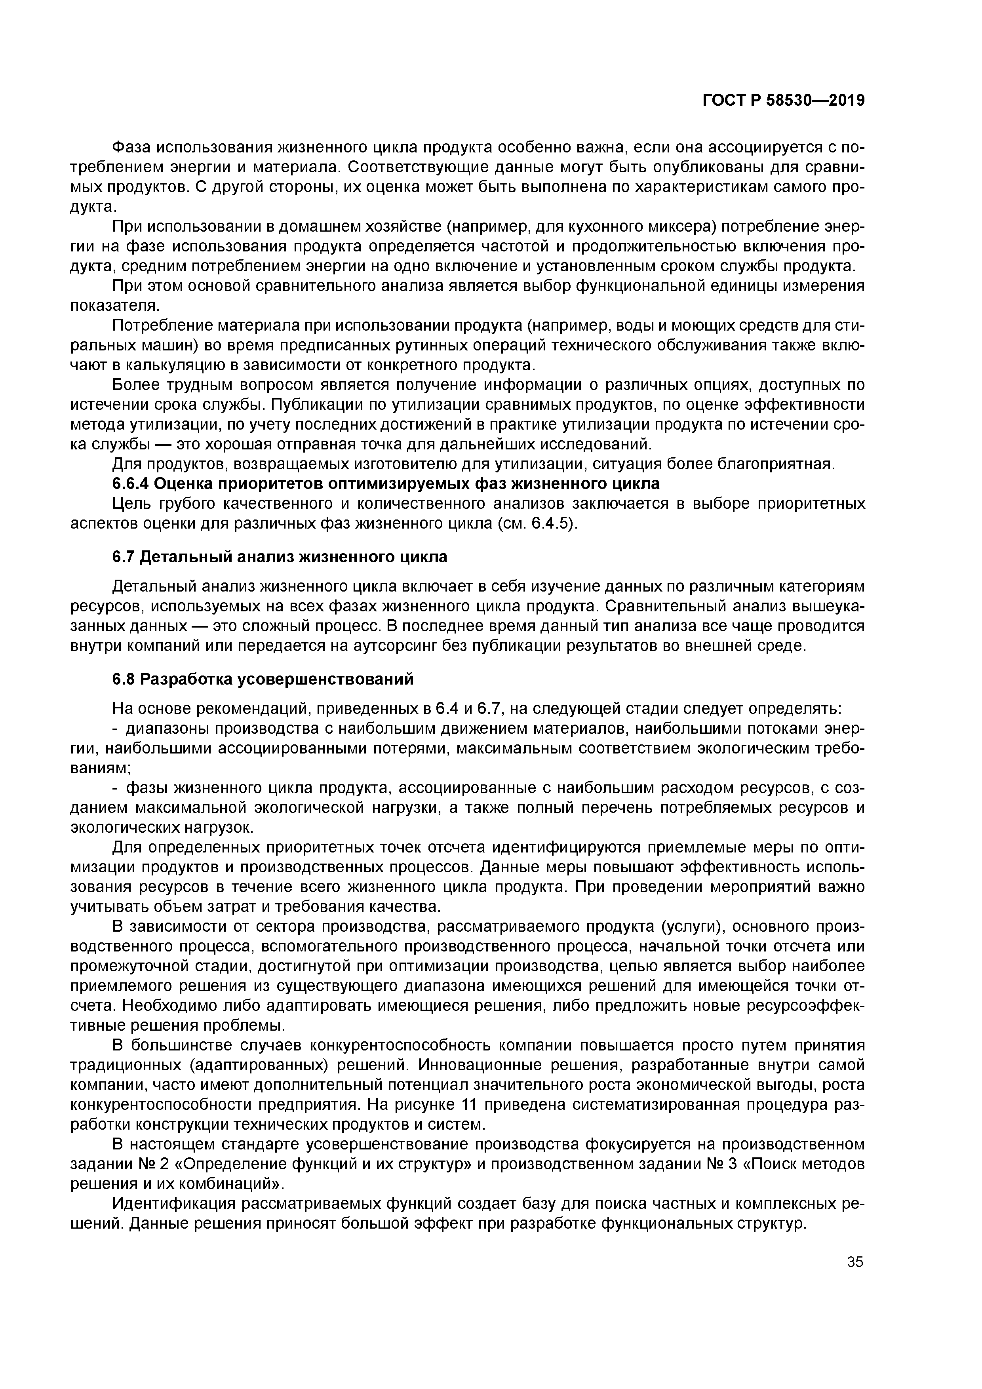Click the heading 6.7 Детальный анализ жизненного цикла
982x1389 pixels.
coord(280,557)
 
